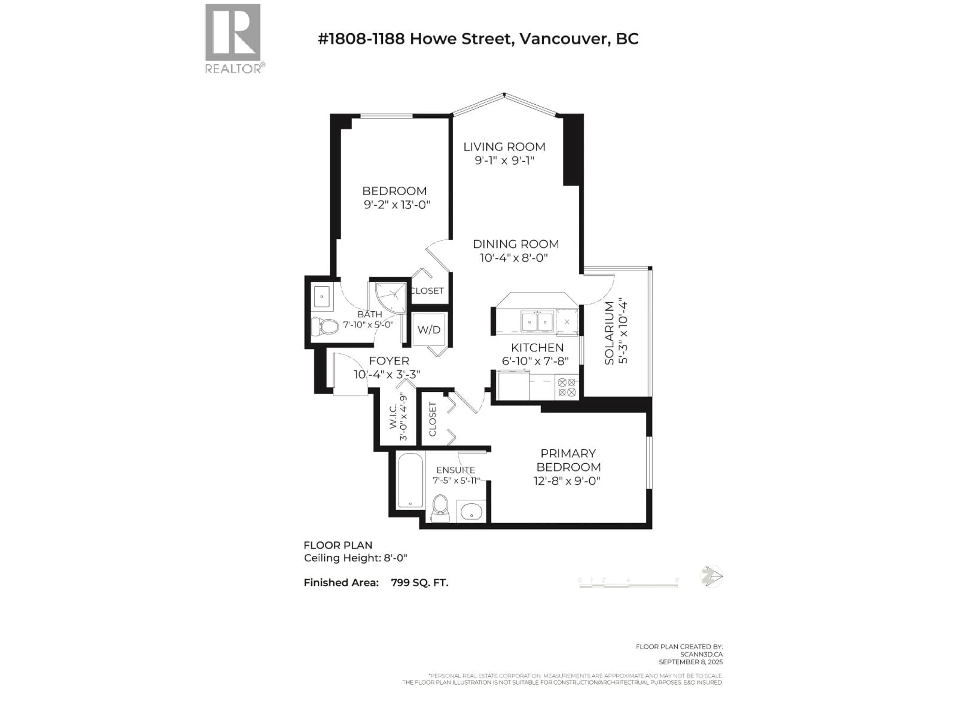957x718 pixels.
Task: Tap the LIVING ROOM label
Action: point(504,147)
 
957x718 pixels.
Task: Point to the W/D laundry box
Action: point(429,330)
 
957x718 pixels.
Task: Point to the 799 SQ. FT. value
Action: point(419,583)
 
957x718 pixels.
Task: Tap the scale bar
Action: point(628,584)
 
